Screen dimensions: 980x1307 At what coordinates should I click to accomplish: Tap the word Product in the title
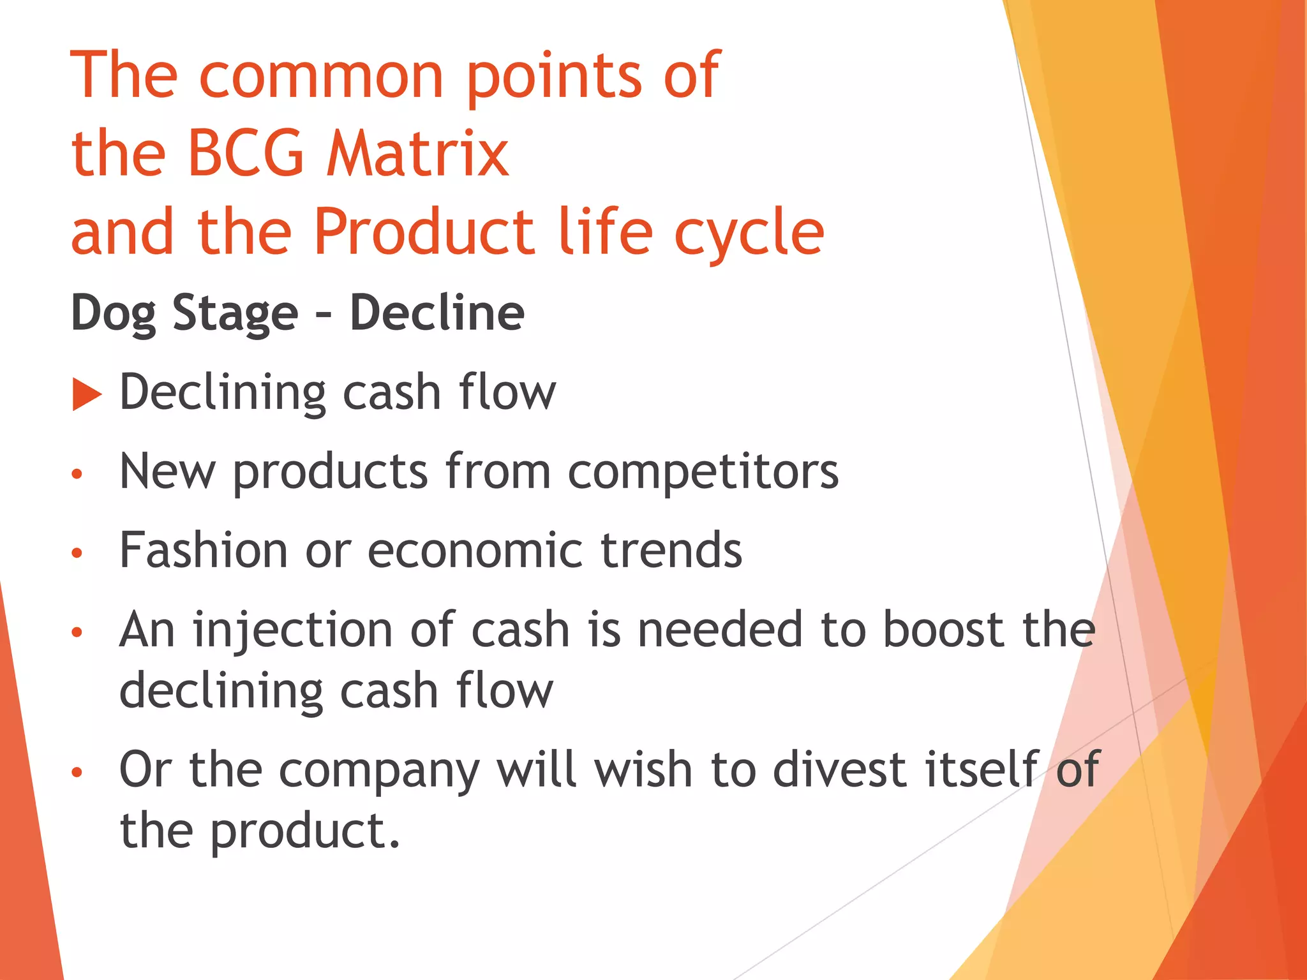pyautogui.click(x=424, y=232)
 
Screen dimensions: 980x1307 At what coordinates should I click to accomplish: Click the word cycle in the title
pyautogui.click(x=749, y=234)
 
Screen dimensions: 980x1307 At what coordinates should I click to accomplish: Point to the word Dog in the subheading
pyautogui.click(x=113, y=313)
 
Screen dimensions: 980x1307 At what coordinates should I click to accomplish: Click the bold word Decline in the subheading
pyautogui.click(x=437, y=313)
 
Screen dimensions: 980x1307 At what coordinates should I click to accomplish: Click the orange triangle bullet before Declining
pyautogui.click(x=87, y=394)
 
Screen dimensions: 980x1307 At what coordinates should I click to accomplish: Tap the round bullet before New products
pyautogui.click(x=77, y=474)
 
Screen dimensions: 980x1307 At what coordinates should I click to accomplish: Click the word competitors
pyautogui.click(x=703, y=472)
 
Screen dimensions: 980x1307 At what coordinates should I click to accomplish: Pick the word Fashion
pyautogui.click(x=204, y=550)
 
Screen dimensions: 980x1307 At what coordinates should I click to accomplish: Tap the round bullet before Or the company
pyautogui.click(x=77, y=773)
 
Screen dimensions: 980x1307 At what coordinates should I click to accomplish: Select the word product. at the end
pyautogui.click(x=305, y=832)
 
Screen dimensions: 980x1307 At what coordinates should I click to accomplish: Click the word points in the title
pyautogui.click(x=554, y=77)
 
